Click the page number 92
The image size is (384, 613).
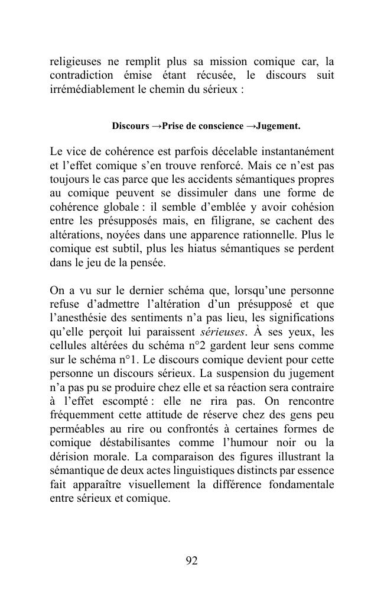pyautogui.click(x=191, y=561)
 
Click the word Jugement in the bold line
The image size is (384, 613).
pyautogui.click(x=278, y=126)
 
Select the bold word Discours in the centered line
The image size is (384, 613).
pyautogui.click(x=131, y=126)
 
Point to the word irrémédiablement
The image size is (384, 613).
pyautogui.click(x=97, y=89)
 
